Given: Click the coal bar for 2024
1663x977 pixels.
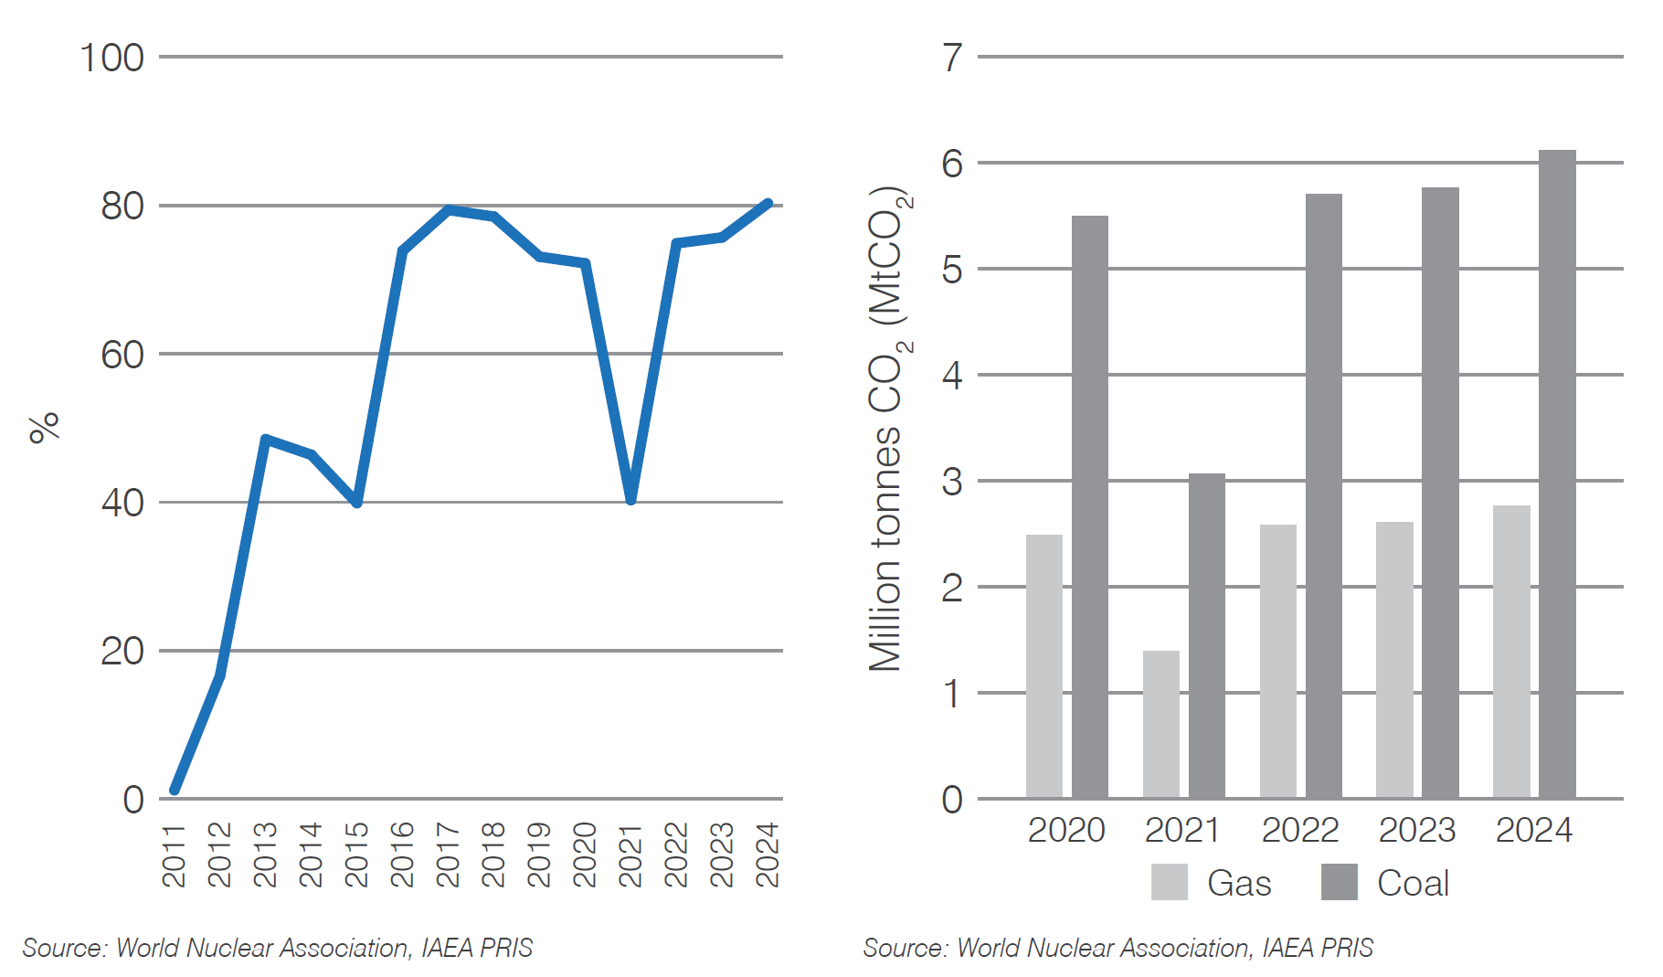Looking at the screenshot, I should (x=1557, y=475).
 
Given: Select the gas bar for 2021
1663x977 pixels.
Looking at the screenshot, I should (x=1160, y=725).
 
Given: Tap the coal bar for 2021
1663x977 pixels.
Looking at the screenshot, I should (x=1206, y=636).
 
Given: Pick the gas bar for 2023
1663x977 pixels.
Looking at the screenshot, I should (x=1394, y=660).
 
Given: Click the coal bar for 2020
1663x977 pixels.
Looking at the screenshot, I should (x=1089, y=507).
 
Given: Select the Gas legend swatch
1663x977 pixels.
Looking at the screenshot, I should (x=1169, y=882).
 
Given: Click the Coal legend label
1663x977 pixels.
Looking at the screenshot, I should (x=1413, y=883).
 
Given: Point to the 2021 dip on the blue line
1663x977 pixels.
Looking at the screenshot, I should (x=630, y=499).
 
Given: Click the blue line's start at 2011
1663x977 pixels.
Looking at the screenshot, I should (x=175, y=790).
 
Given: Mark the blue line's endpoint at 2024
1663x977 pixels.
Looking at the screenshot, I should (x=768, y=204).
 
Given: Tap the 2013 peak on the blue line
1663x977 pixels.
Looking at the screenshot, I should (x=265, y=440).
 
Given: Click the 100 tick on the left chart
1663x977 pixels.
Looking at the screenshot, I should (x=111, y=58).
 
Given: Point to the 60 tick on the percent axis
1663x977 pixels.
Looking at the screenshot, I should (x=122, y=355).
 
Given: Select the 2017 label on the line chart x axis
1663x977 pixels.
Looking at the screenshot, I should (x=448, y=855).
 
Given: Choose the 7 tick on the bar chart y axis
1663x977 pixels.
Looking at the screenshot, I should (x=952, y=58).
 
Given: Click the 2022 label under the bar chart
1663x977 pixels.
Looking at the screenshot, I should (x=1299, y=830).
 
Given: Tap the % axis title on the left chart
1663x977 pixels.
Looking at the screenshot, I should (x=44, y=427).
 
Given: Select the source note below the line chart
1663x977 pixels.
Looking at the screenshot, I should (x=277, y=948).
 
